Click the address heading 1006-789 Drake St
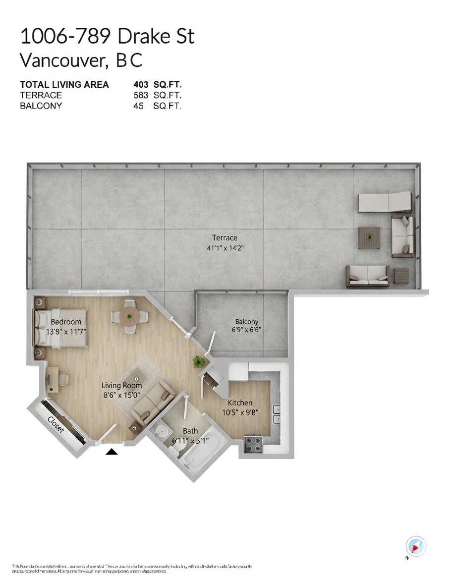tap(107, 37)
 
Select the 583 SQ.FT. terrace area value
tap(157, 95)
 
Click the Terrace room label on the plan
tap(225, 237)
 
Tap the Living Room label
tap(121, 385)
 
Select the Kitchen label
tap(240, 403)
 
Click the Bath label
tap(190, 431)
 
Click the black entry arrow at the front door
tap(112, 451)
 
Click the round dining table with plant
tap(129, 315)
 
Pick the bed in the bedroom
tap(60, 328)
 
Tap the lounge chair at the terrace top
tap(385, 201)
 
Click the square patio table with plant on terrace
tap(369, 237)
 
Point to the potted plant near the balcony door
tap(199, 362)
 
